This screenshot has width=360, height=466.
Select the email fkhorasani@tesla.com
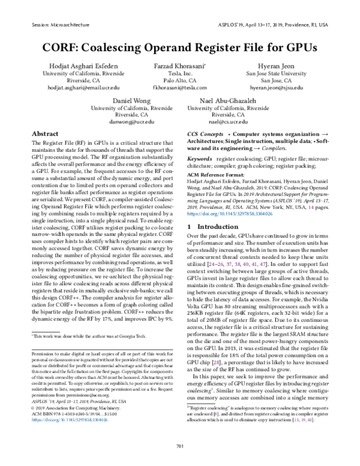(x=179, y=88)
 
